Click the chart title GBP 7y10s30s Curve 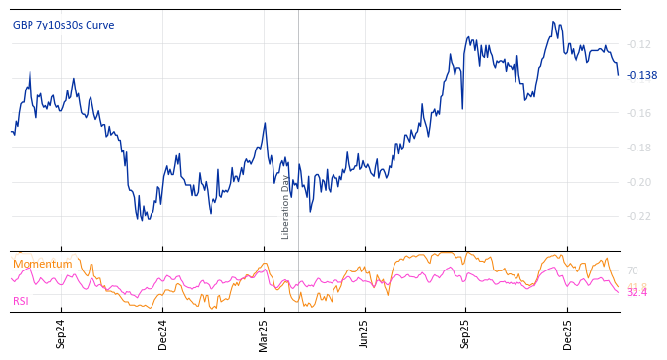click(x=63, y=25)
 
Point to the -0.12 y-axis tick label click(x=639, y=44)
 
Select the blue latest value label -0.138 click(x=641, y=75)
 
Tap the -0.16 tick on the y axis click(x=639, y=113)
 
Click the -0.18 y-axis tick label click(x=639, y=148)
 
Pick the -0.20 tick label click(x=639, y=182)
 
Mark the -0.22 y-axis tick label click(x=639, y=216)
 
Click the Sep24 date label click(x=61, y=333)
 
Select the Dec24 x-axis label click(x=162, y=333)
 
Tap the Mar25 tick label click(x=264, y=333)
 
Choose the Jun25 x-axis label click(x=364, y=333)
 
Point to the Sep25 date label click(x=465, y=333)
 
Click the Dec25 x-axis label click(x=567, y=333)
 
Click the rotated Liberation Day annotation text click(x=286, y=207)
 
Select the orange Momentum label click(x=42, y=264)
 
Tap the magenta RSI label click(x=21, y=301)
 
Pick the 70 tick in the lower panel click(x=632, y=270)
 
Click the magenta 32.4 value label click(x=637, y=293)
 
